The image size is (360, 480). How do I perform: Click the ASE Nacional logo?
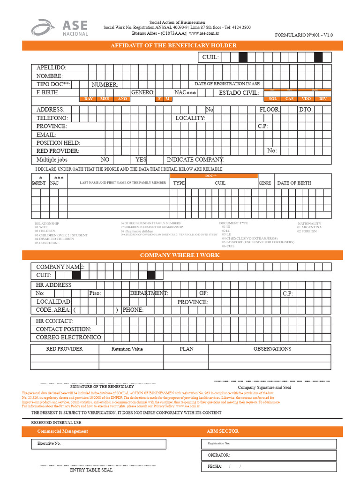pyautogui.click(x=60, y=27)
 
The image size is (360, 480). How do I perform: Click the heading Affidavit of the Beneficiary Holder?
pyautogui.click(x=173, y=45)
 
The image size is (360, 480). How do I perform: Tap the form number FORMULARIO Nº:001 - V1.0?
pyautogui.click(x=310, y=35)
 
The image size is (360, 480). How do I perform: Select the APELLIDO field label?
pyautogui.click(x=52, y=68)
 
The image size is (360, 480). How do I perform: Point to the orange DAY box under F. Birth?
pyautogui.click(x=88, y=99)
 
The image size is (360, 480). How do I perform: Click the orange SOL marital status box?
pyautogui.click(x=272, y=99)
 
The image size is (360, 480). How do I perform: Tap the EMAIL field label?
pyautogui.click(x=46, y=135)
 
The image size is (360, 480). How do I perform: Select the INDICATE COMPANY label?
pyautogui.click(x=195, y=160)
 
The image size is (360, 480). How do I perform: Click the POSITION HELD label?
pyautogui.click(x=58, y=143)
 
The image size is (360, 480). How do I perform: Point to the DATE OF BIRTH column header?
pyautogui.click(x=294, y=183)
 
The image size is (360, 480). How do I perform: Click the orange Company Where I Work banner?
pyautogui.click(x=180, y=255)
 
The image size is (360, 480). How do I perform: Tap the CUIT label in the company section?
pyautogui.click(x=44, y=275)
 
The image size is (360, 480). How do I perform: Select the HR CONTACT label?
pyautogui.click(x=54, y=321)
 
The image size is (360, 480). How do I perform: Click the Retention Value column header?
pyautogui.click(x=127, y=349)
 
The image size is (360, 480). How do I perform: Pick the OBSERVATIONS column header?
pyautogui.click(x=272, y=349)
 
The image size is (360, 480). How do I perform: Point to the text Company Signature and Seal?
pyautogui.click(x=264, y=388)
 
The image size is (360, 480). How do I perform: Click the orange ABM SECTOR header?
pyautogui.click(x=223, y=431)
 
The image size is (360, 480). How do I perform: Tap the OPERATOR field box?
pyautogui.click(x=269, y=455)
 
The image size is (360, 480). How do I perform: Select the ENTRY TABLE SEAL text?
pyautogui.click(x=91, y=470)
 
